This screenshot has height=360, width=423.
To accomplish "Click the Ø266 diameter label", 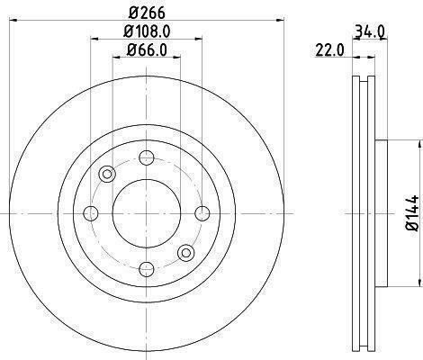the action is pos(147,13).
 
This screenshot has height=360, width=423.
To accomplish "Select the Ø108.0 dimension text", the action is pos(147,31).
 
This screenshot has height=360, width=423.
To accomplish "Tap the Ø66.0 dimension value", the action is pos(147,49).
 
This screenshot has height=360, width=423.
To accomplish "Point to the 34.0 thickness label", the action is pos(369,31).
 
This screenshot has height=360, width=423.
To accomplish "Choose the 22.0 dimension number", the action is pos(329,49).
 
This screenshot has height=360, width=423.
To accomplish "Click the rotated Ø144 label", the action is pos(412,212).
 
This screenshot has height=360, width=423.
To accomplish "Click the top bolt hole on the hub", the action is pos(147,157).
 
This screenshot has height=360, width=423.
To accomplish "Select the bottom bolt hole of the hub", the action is pos(147,269).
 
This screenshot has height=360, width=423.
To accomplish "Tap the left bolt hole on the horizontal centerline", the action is pos(91,213).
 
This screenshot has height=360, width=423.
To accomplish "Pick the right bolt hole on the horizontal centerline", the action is pos(202,213).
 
